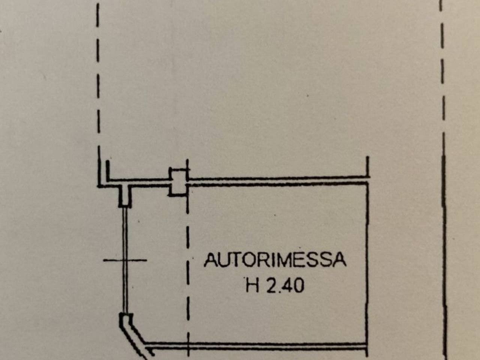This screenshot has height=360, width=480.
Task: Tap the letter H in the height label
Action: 253,285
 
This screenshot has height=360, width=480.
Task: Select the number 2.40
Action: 285,285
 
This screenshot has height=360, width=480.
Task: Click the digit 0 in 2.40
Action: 298,285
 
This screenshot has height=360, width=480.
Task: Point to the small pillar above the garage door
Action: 125,196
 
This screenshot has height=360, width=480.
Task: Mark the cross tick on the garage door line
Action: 125,260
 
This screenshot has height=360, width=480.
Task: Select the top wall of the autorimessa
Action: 278,181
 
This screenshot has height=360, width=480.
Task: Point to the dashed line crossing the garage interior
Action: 188,258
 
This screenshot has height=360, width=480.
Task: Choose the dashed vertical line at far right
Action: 443,179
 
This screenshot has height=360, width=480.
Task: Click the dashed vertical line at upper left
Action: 98,68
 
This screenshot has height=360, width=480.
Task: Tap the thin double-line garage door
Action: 125,261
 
